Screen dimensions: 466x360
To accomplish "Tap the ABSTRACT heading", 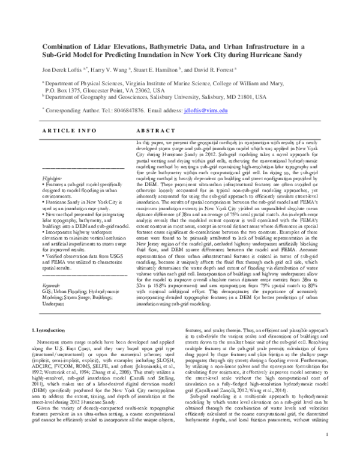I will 156,130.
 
